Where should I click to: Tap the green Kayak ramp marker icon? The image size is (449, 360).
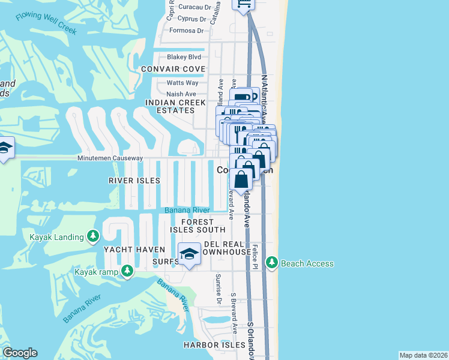pyautogui.click(x=127, y=272)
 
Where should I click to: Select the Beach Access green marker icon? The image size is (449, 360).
pyautogui.click(x=272, y=263)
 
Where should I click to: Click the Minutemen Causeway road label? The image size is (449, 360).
pyautogui.click(x=110, y=158)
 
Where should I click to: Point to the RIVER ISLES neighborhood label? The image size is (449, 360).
pyautogui.click(x=134, y=180)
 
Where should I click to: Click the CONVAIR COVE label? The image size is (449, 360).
pyautogui.click(x=173, y=69)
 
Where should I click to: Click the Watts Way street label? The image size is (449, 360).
pyautogui.click(x=182, y=83)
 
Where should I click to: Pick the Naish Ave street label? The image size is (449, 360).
pyautogui.click(x=181, y=94)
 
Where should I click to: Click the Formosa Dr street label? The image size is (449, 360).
pyautogui.click(x=187, y=30)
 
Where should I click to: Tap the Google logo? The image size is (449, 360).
pyautogui.click(x=20, y=353)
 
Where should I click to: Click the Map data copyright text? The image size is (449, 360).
pyautogui.click(x=423, y=355)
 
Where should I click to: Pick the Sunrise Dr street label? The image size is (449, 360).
pyautogui.click(x=218, y=288)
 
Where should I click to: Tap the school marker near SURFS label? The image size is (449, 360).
pyautogui.click(x=189, y=254)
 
